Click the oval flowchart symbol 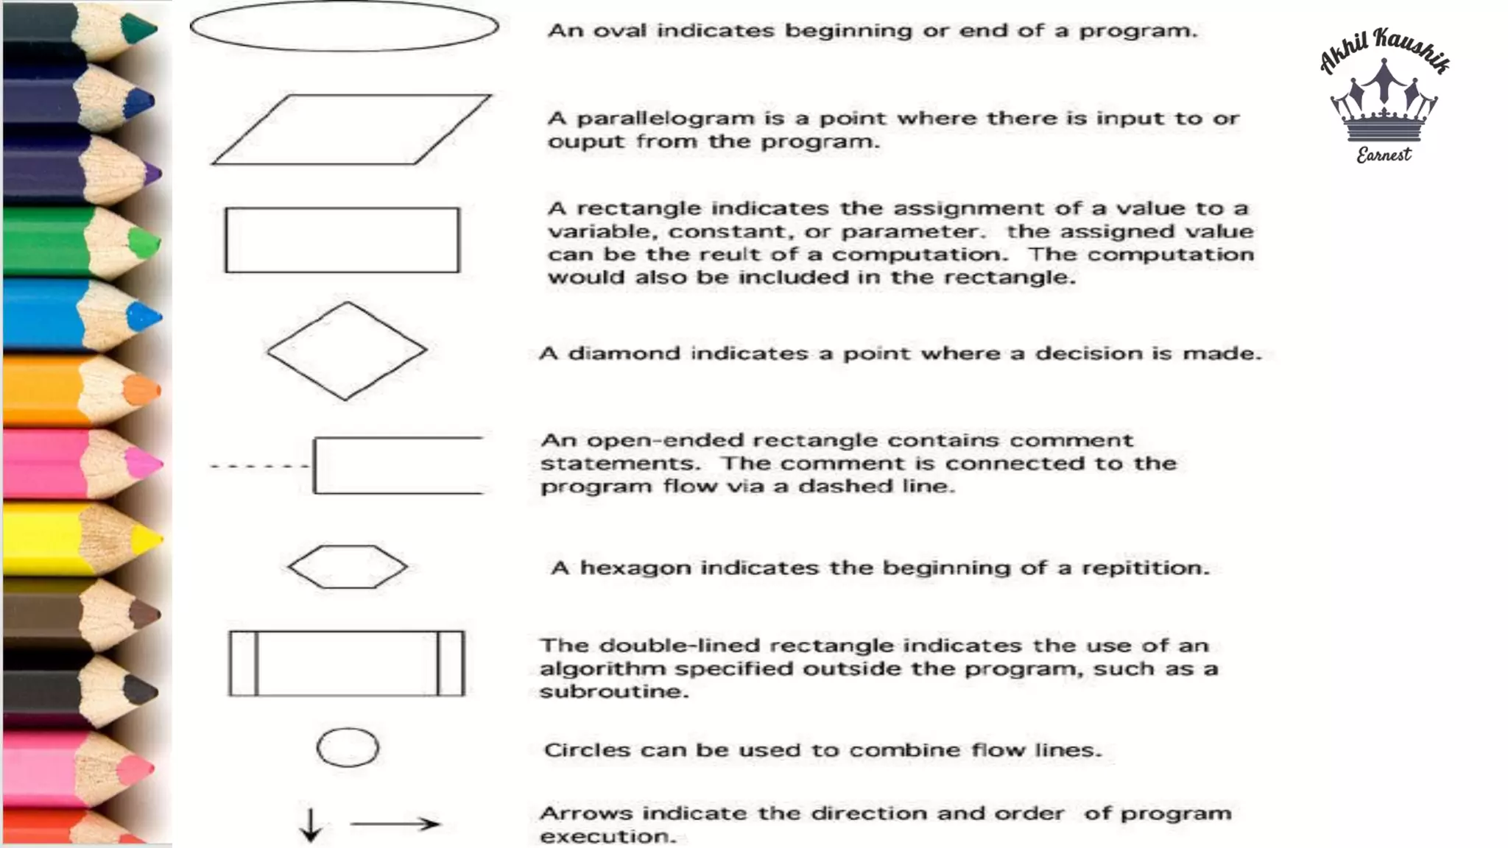[344, 26]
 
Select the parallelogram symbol [351, 130]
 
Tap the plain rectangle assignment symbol [342, 240]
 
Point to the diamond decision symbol [346, 351]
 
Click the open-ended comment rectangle [398, 465]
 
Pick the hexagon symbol [347, 567]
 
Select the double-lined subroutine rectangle [346, 663]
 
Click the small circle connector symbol [348, 748]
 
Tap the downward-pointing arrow [311, 824]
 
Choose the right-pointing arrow [395, 824]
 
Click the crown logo [1384, 103]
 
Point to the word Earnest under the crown [1384, 155]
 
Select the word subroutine [613, 692]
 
